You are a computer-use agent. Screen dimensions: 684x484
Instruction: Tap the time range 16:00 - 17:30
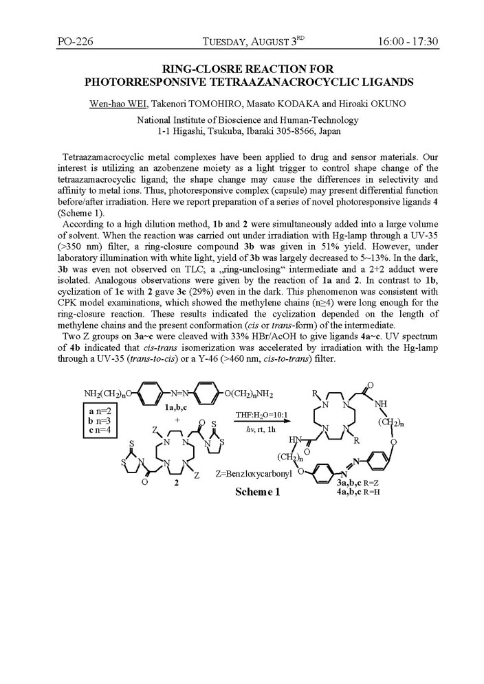(408, 42)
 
